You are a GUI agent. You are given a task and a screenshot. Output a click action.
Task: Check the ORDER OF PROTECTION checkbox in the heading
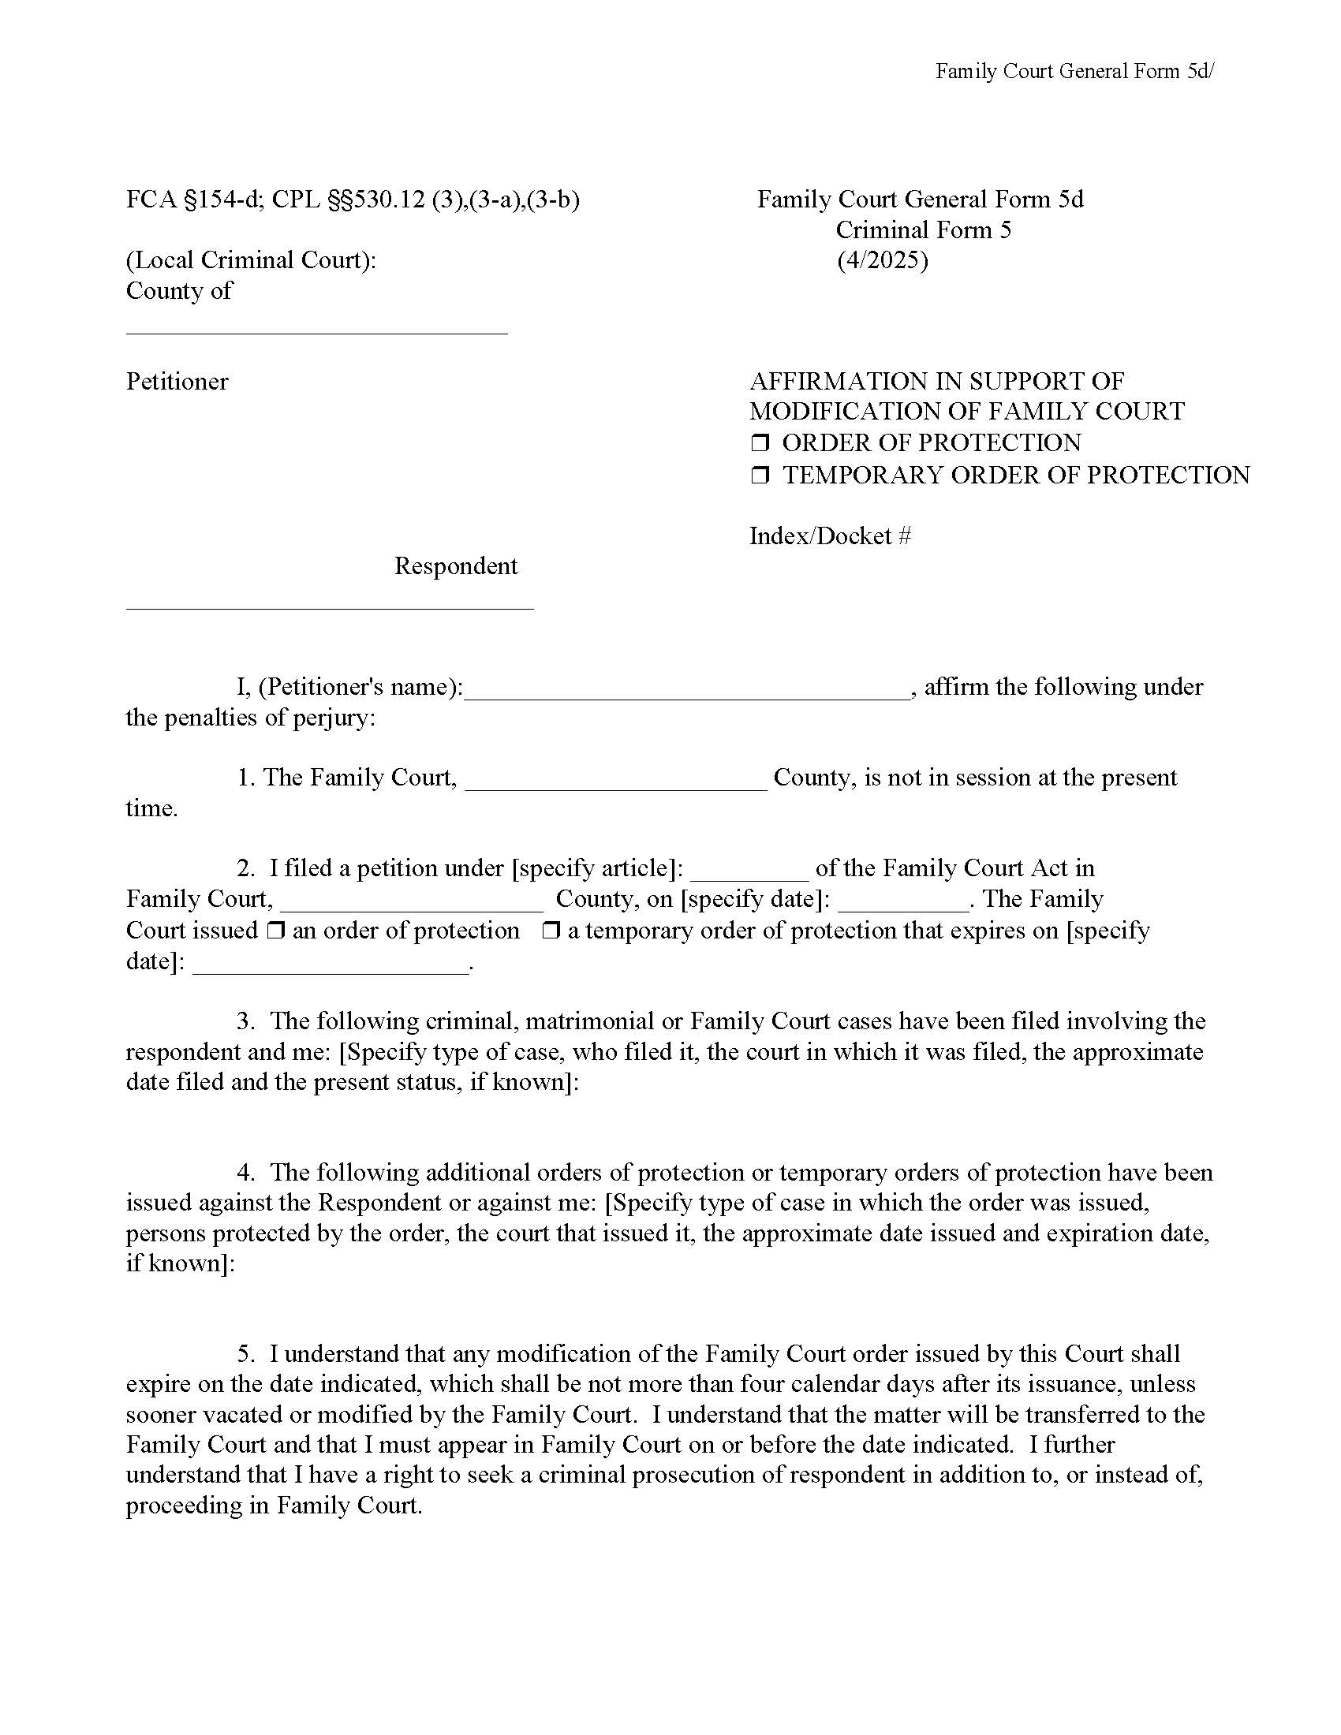tap(760, 443)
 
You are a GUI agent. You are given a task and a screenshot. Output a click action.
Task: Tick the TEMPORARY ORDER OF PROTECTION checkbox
tap(760, 476)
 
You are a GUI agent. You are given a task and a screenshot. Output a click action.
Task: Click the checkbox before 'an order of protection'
tap(275, 931)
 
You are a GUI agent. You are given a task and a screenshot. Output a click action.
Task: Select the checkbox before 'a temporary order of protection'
tap(551, 931)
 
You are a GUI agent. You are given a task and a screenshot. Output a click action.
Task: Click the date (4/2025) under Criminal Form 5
tap(882, 260)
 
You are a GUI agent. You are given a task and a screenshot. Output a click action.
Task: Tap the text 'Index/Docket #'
tap(829, 536)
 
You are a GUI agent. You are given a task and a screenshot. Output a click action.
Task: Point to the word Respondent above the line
tap(455, 566)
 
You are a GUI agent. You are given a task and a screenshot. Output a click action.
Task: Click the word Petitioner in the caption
tap(177, 382)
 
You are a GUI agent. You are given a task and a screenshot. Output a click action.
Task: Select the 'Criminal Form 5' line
tap(922, 230)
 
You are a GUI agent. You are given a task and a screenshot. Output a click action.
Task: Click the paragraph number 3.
tap(245, 1020)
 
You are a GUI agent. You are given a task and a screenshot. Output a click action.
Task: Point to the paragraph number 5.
tap(245, 1353)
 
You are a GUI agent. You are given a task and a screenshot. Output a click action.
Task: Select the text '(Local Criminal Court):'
tap(251, 260)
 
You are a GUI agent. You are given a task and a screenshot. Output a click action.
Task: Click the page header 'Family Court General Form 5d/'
tap(1074, 72)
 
